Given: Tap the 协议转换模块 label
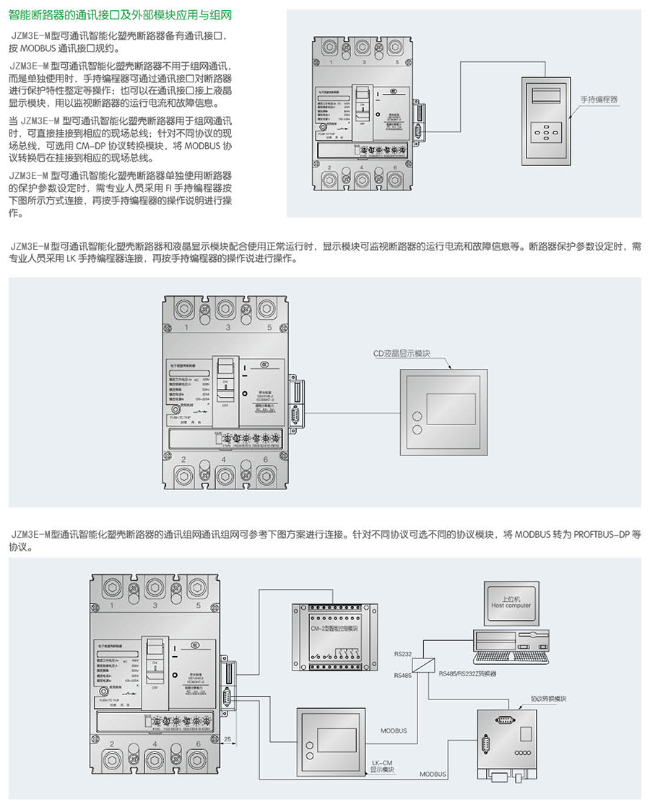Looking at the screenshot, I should tap(548, 698).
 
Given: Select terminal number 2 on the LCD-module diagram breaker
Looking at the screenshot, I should tap(185, 460).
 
